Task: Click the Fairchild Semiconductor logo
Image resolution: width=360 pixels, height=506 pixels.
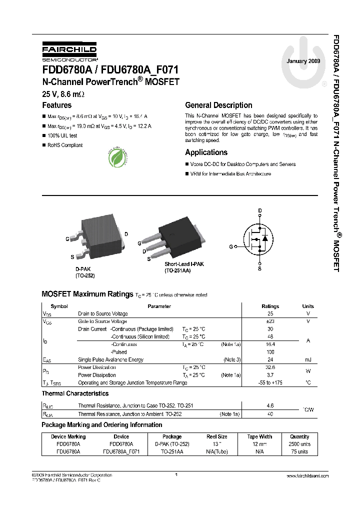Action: coord(69,51)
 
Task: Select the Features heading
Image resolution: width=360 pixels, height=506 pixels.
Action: coord(56,105)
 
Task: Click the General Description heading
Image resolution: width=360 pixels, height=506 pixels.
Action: coord(218,105)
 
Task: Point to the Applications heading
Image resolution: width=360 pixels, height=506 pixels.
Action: coord(206,152)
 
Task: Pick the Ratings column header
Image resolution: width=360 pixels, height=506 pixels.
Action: coord(270,306)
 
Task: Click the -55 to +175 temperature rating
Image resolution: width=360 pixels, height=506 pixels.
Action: coord(270,382)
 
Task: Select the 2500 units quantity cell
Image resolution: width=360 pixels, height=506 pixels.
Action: coord(299,444)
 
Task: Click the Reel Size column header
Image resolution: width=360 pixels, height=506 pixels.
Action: coord(216,436)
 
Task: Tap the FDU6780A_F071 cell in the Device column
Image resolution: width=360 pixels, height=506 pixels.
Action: coord(121,451)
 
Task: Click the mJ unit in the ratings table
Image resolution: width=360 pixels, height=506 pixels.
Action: coord(308,359)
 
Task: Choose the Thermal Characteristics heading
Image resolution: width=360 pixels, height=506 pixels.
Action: coord(74,394)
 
